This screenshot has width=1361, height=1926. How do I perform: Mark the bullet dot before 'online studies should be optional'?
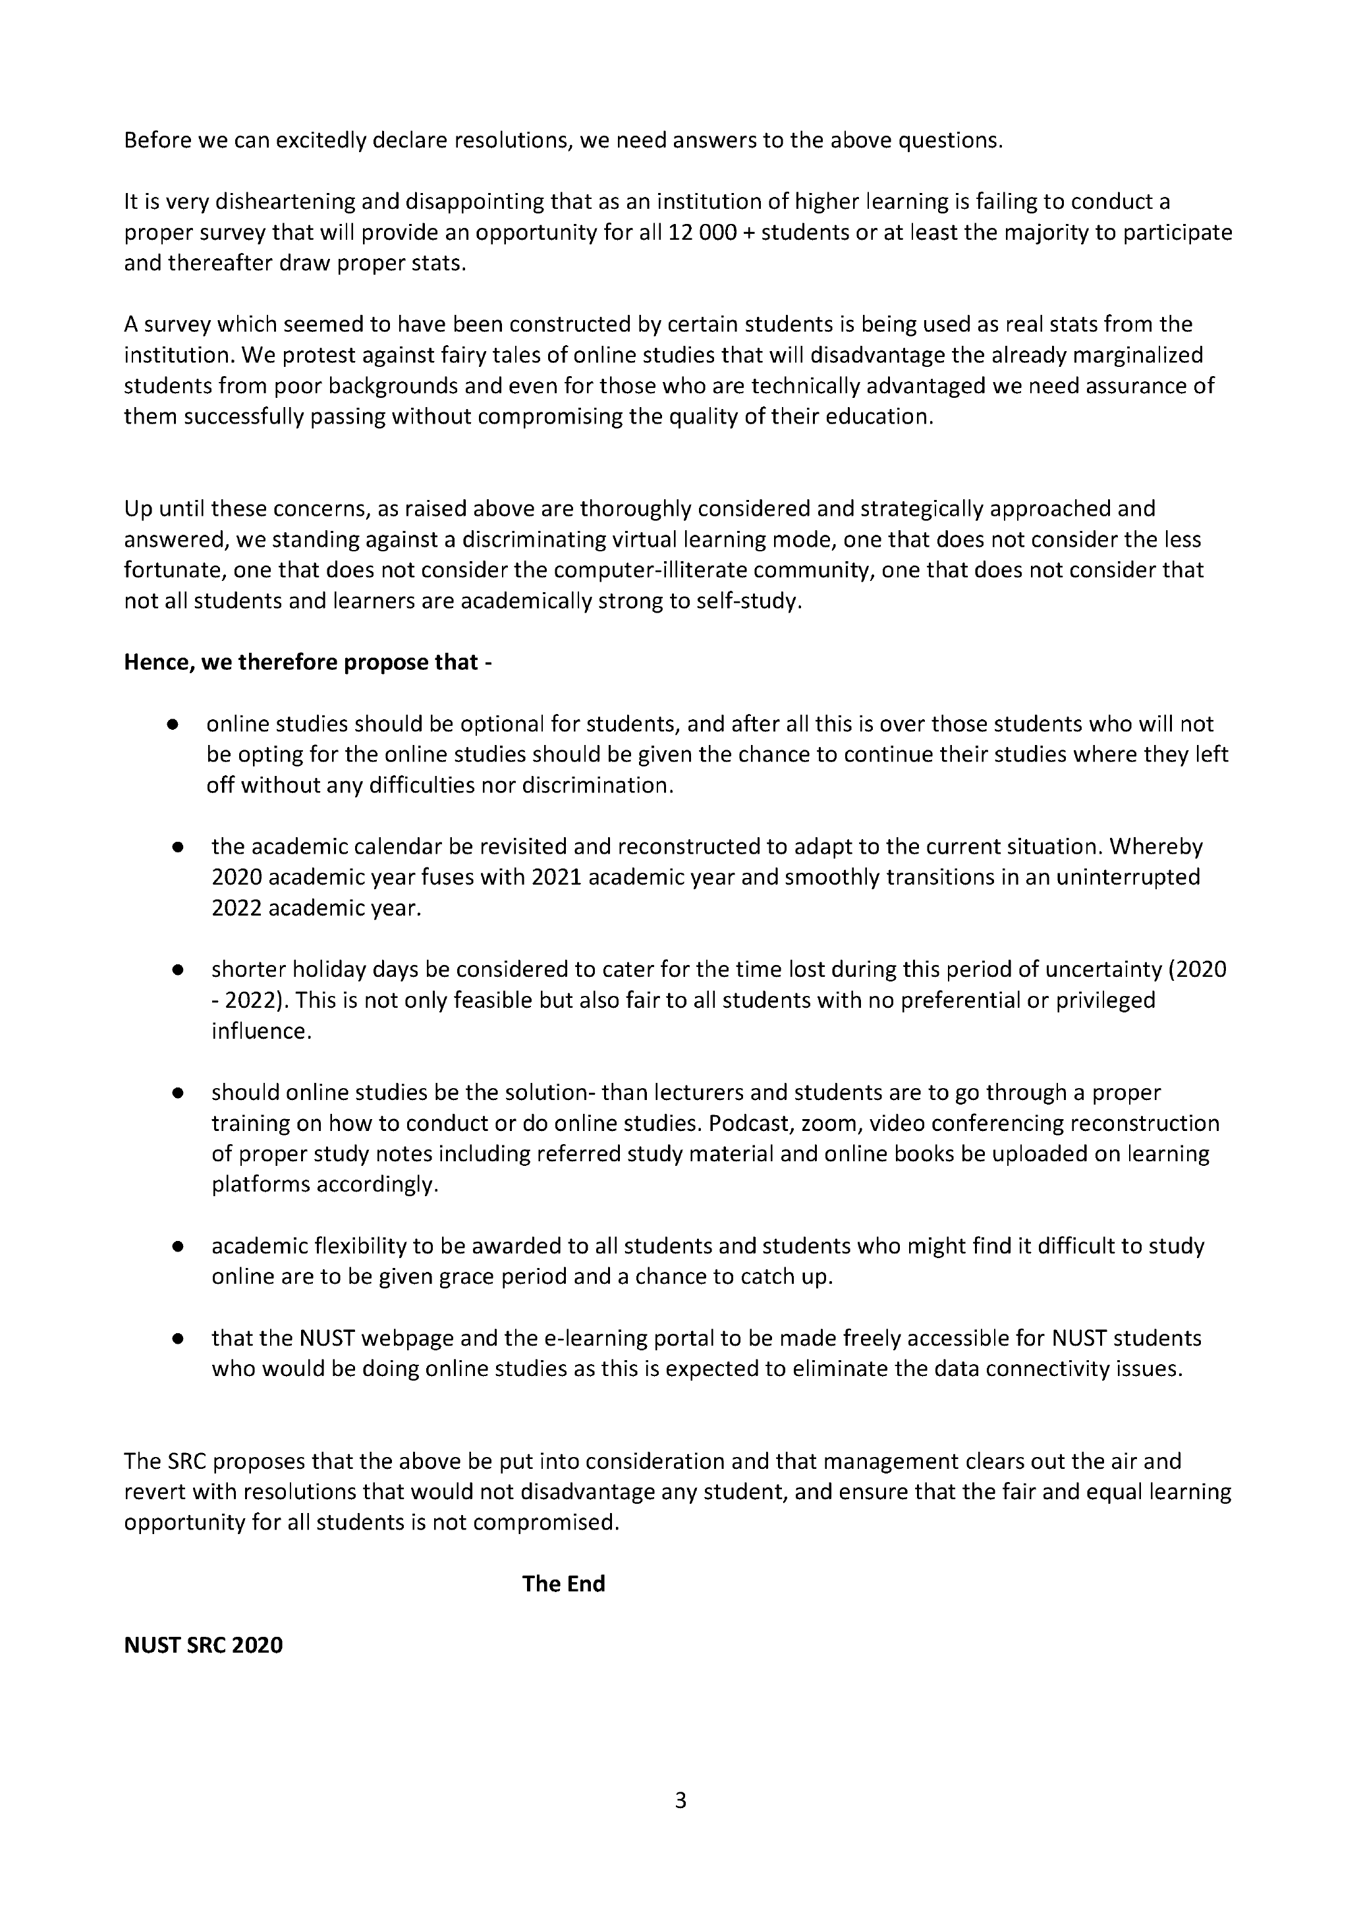(173, 725)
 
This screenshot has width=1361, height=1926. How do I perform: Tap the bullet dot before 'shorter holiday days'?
(178, 970)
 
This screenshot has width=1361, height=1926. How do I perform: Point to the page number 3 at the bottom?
(680, 1800)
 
